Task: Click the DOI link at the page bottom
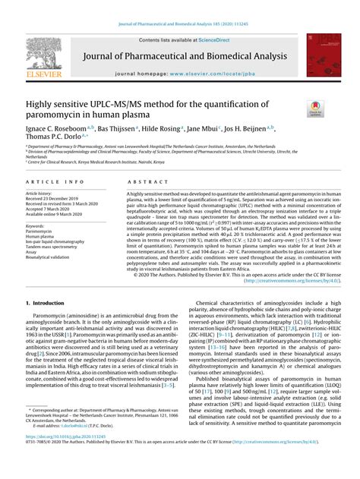(74, 459)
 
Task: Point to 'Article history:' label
(39, 194)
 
